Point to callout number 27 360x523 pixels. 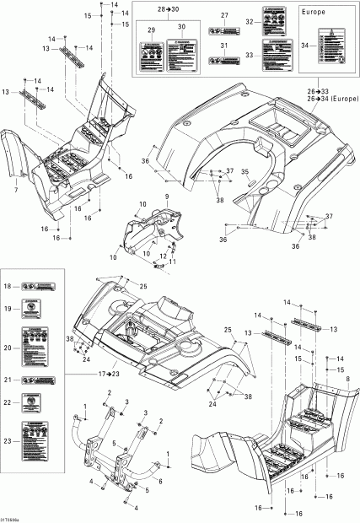pyautogui.click(x=225, y=17)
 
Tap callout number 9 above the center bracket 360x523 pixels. pyautogui.click(x=167, y=197)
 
